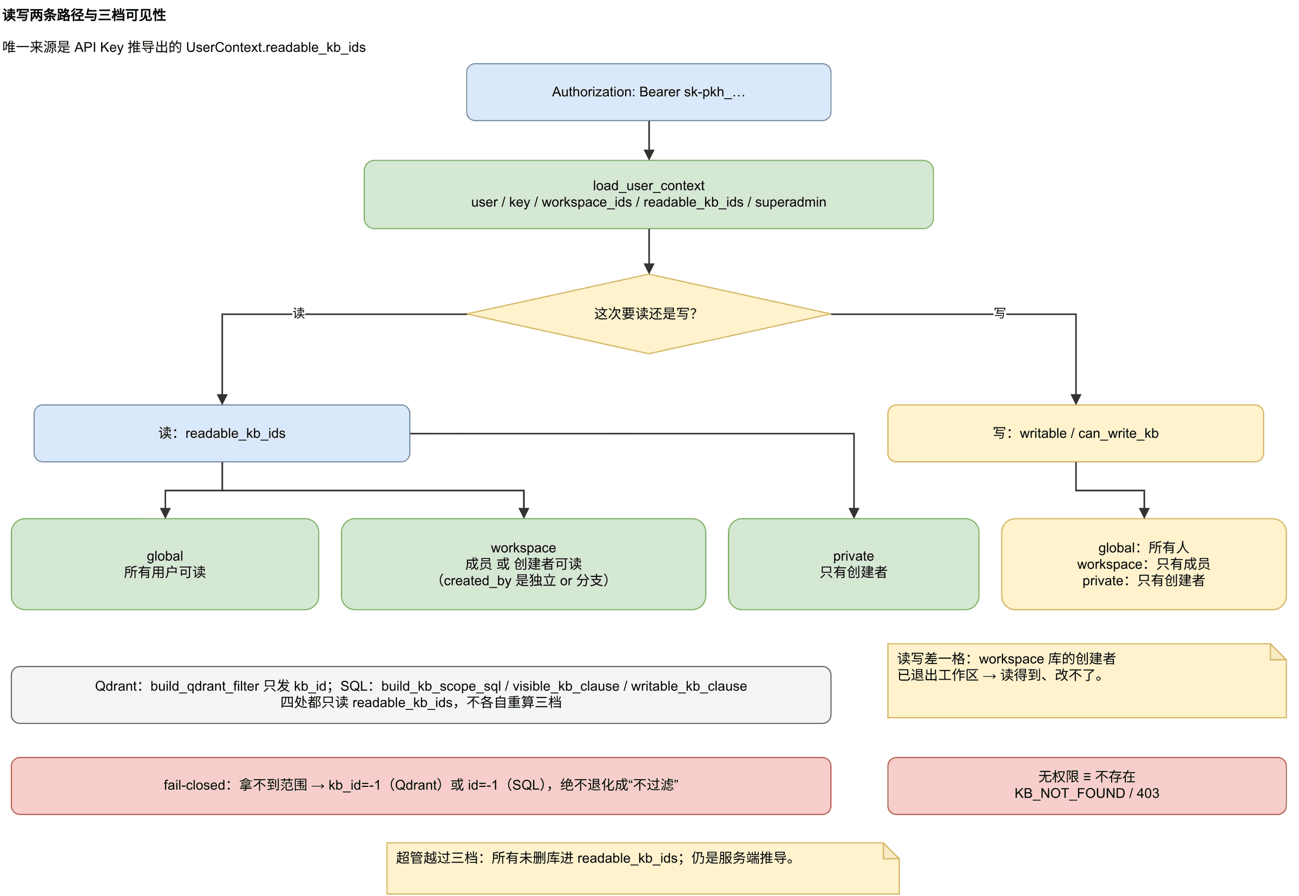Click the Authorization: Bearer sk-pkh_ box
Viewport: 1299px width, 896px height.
648,92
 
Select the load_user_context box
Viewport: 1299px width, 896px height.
648,194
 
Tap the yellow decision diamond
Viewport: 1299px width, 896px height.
648,314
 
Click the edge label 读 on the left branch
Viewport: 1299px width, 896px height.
299,313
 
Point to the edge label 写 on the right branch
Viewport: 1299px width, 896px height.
1000,313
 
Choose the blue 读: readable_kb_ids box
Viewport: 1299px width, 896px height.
222,434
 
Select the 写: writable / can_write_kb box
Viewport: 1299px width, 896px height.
1075,434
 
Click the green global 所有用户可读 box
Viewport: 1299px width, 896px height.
165,564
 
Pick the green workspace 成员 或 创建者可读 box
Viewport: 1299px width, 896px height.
523,564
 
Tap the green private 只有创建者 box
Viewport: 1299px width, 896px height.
854,564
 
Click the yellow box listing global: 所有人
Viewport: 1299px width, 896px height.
1144,564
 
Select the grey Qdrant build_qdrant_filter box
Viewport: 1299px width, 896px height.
421,695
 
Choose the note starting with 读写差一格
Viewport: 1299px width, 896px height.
1087,680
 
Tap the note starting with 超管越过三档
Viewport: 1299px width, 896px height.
643,868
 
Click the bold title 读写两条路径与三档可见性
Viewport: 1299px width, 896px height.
84,15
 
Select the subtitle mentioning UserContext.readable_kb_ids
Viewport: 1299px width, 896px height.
184,47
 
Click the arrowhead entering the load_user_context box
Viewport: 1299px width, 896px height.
649,155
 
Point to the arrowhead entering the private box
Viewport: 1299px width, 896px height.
854,513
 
